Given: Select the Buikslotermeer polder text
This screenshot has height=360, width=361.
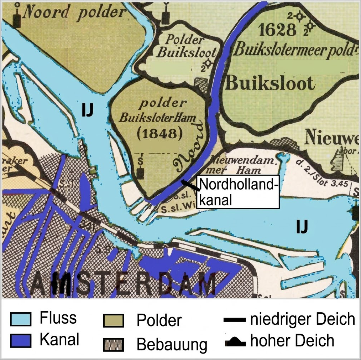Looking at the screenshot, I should [295, 50].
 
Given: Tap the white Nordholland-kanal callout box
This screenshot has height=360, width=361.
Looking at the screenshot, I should [237, 192].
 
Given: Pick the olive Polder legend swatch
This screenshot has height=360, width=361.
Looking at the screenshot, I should [114, 320].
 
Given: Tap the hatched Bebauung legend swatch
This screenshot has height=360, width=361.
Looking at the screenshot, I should [114, 344].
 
